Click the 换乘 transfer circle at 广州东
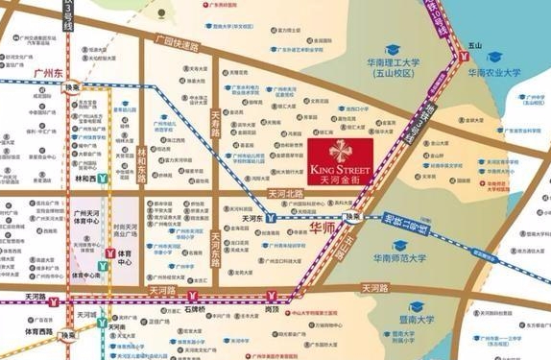72,86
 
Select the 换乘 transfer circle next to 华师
353,218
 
